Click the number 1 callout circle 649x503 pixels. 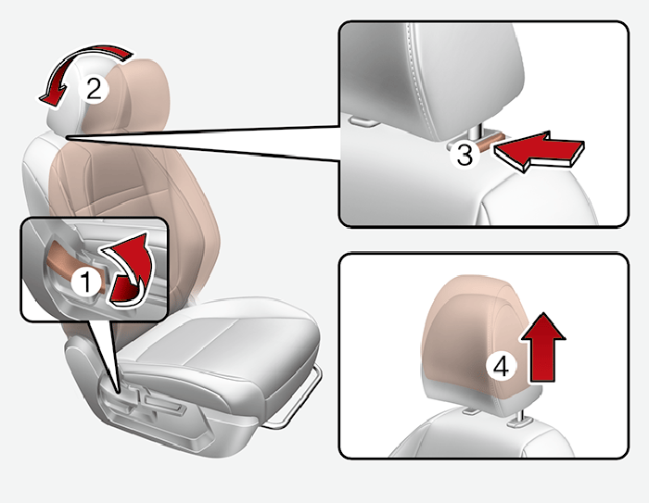[85, 283]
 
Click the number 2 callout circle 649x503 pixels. [93, 89]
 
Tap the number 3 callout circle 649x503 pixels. [464, 155]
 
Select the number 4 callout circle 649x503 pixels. [502, 366]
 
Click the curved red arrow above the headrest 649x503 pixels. [83, 58]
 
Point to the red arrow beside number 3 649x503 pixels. [539, 151]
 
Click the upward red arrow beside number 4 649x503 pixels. [542, 347]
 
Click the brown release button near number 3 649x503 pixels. [490, 140]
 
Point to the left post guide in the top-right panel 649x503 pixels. [363, 121]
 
